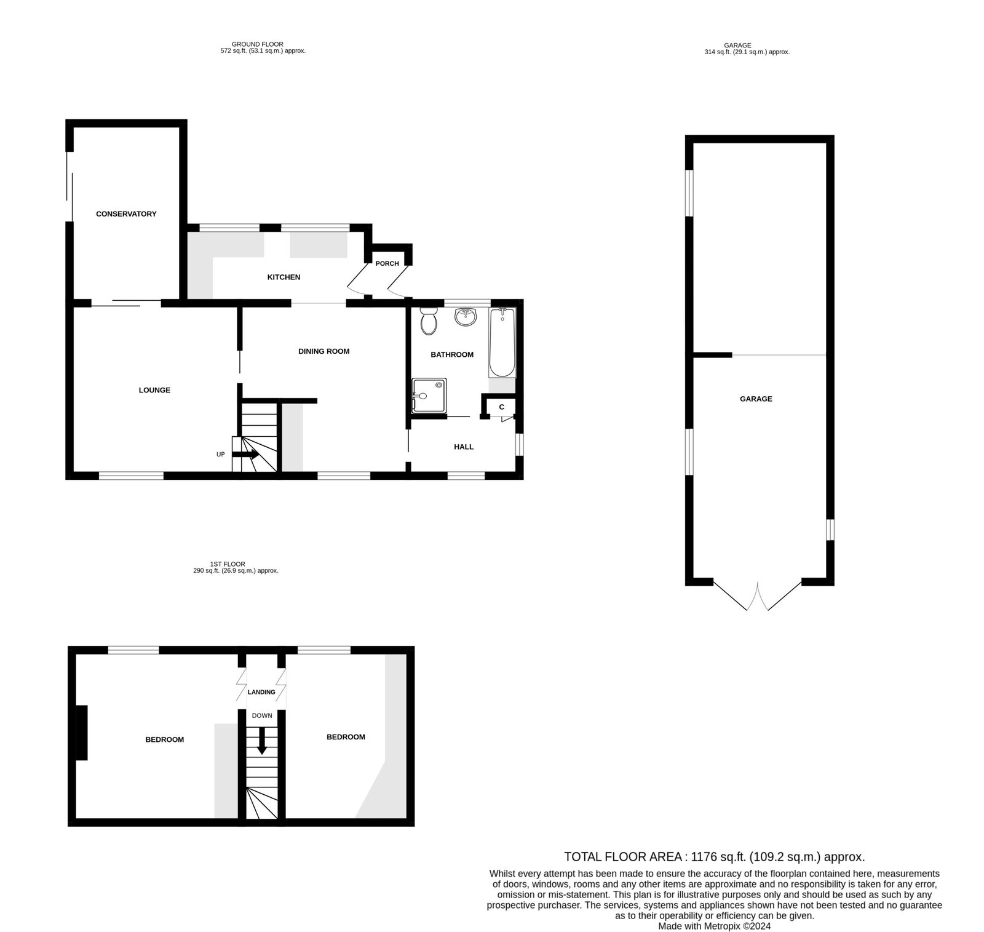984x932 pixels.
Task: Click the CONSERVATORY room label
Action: pyautogui.click(x=126, y=214)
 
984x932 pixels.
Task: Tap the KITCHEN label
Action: pyautogui.click(x=284, y=277)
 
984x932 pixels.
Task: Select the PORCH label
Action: pyautogui.click(x=387, y=263)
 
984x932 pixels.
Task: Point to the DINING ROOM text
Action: pyautogui.click(x=323, y=351)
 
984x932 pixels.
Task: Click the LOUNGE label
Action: pyautogui.click(x=154, y=390)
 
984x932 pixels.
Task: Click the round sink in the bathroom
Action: pyautogui.click(x=466, y=317)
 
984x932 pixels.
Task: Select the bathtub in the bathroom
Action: pyautogui.click(x=502, y=343)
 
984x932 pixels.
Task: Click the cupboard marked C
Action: pyautogui.click(x=502, y=407)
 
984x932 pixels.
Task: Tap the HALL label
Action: pyautogui.click(x=464, y=447)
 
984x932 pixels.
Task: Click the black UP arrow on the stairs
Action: pyautogui.click(x=245, y=455)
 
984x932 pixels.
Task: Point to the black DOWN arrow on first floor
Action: pyautogui.click(x=262, y=741)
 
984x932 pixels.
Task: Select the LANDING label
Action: pyautogui.click(x=261, y=692)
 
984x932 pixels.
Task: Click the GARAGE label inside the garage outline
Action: pyautogui.click(x=756, y=399)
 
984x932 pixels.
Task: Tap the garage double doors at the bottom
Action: pyautogui.click(x=758, y=595)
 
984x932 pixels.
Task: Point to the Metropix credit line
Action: pyautogui.click(x=714, y=926)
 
